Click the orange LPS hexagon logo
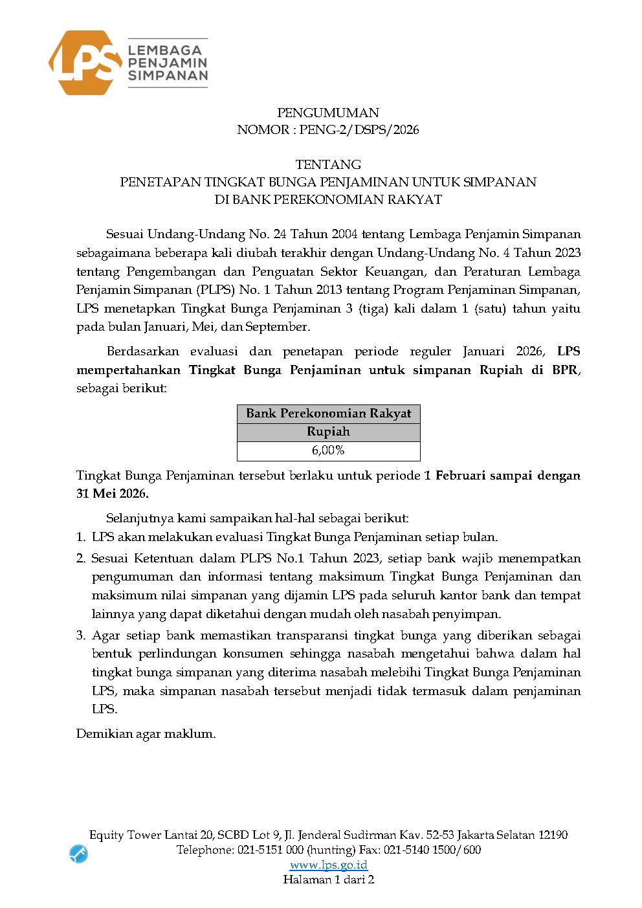coord(84,63)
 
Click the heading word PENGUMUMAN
coord(328,113)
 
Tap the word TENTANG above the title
coord(328,164)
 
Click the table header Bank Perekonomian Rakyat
coord(328,414)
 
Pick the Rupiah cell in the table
coord(328,432)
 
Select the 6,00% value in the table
coord(328,450)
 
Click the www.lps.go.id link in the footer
coord(328,865)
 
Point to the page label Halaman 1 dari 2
coord(328,880)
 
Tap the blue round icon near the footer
coord(78,854)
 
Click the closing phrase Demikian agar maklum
coord(146,734)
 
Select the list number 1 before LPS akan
coord(80,537)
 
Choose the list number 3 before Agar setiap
coord(80,636)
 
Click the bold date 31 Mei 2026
coord(112,494)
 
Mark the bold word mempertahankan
coord(129,370)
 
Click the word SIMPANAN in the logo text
coord(168,76)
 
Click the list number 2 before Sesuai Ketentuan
coord(80,559)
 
